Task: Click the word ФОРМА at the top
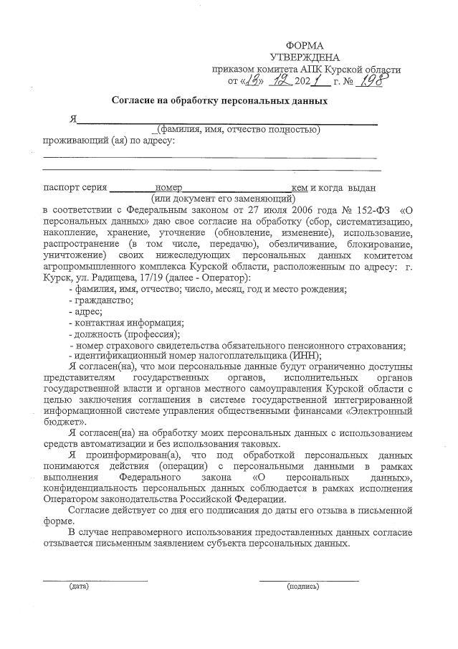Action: [305, 45]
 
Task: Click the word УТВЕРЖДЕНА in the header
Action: [305, 57]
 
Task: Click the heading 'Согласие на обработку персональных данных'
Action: [219, 101]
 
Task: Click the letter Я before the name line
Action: [72, 119]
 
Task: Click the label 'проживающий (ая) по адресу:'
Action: [108, 140]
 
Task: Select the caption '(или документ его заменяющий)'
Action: [223, 198]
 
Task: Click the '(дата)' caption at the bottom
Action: [79, 587]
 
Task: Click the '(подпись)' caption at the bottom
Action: [302, 587]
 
